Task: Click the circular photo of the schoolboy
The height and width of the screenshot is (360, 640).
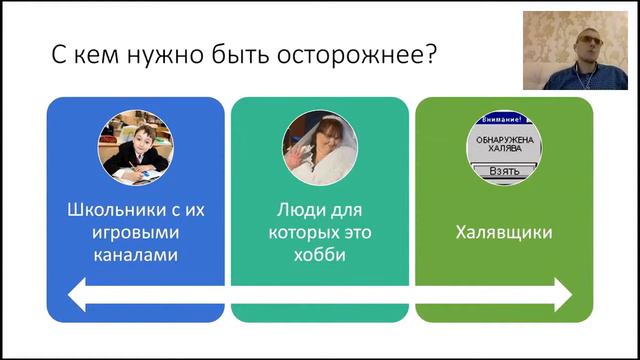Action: tap(135, 146)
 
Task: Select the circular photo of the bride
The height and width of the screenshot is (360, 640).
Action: tap(319, 146)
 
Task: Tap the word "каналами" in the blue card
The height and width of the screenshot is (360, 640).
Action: tap(135, 255)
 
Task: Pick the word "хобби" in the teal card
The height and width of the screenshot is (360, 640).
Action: tap(320, 255)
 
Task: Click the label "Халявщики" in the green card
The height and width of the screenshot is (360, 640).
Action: tap(504, 233)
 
